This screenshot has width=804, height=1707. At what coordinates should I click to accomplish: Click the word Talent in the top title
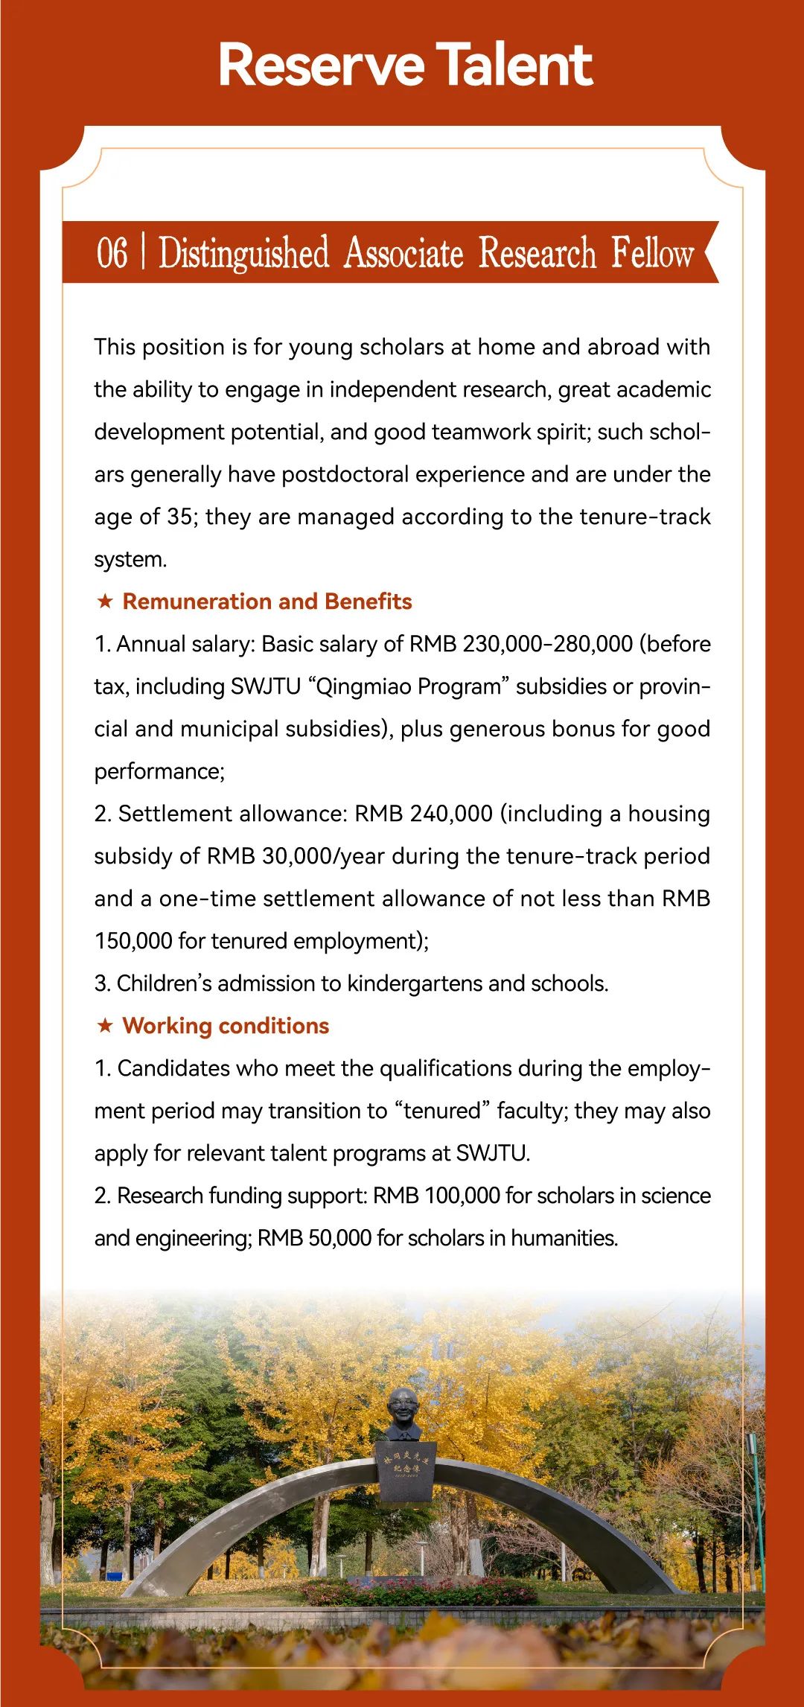click(x=514, y=66)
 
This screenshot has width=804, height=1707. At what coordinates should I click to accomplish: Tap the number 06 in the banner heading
click(x=112, y=252)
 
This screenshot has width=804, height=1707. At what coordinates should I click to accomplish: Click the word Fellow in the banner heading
click(x=652, y=252)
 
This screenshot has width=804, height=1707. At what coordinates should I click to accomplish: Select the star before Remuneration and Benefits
click(x=105, y=601)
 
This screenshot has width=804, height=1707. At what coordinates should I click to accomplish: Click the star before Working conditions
click(x=105, y=1025)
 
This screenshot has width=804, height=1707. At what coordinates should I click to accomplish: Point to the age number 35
click(x=179, y=517)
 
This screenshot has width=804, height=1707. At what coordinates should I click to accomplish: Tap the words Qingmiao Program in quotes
click(x=409, y=686)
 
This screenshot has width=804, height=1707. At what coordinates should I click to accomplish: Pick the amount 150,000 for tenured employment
click(x=133, y=941)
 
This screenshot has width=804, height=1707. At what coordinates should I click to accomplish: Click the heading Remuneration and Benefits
click(x=267, y=601)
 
